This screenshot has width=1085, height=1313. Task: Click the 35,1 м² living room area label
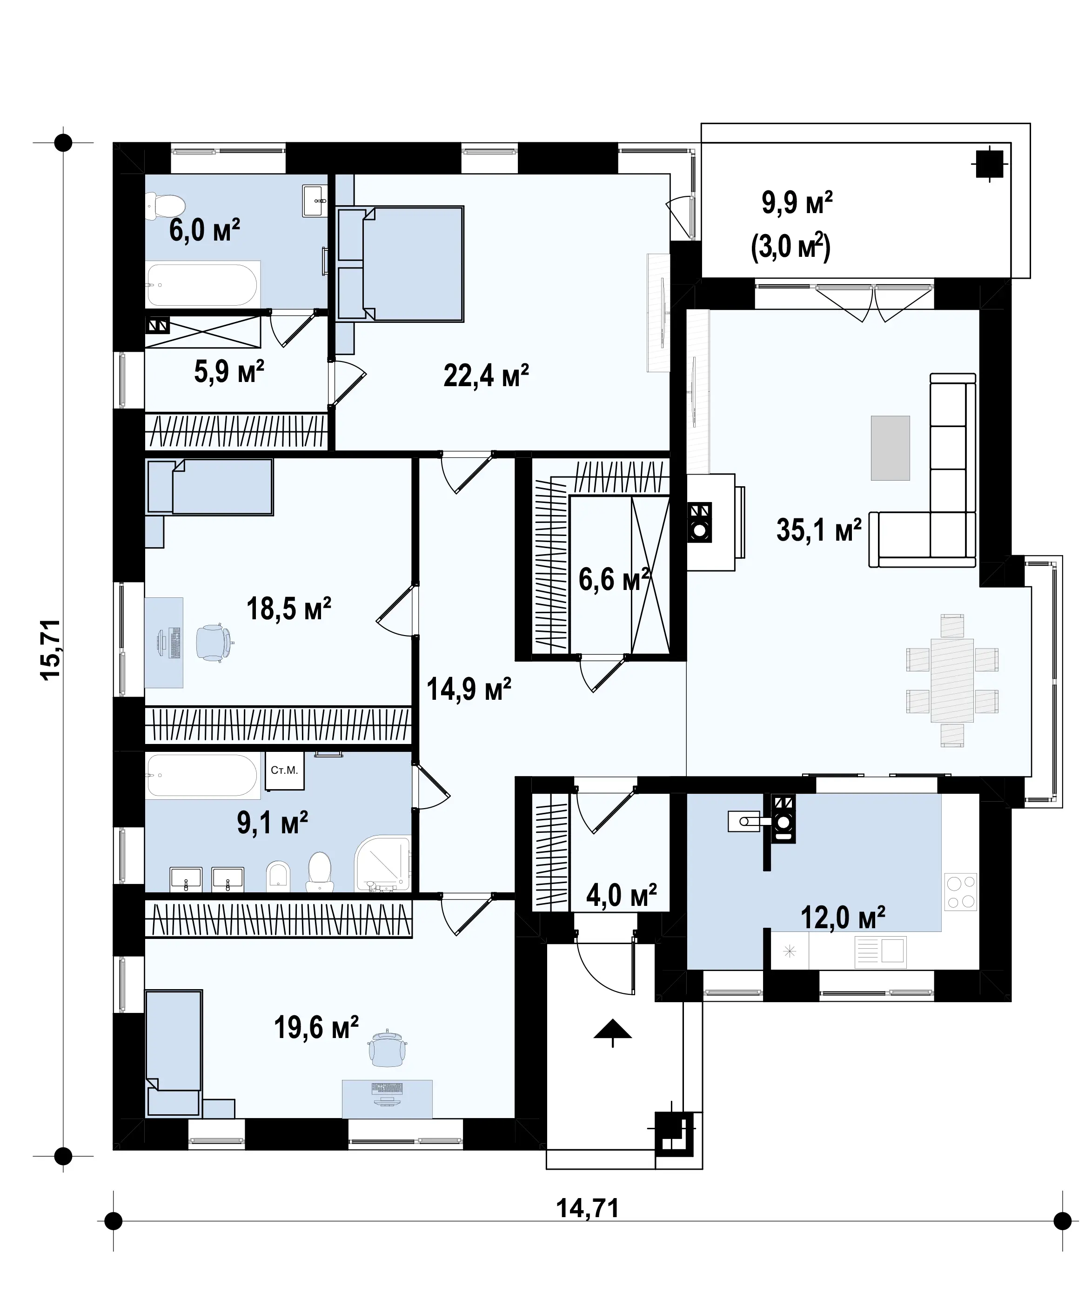point(819,530)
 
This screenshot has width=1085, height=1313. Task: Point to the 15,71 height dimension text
point(50,650)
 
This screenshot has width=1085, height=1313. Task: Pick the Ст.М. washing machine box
point(284,770)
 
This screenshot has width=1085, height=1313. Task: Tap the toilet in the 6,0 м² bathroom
point(166,206)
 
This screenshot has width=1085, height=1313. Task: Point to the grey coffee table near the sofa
point(890,448)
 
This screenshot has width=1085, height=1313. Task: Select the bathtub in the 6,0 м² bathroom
point(202,284)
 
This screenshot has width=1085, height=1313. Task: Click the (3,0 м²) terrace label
point(790,247)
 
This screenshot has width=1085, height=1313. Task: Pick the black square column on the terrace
point(989,164)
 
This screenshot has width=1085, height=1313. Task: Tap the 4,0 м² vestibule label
point(621,896)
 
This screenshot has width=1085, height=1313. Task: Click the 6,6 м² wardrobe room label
point(614,579)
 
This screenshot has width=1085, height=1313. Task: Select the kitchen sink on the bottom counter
point(880,952)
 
